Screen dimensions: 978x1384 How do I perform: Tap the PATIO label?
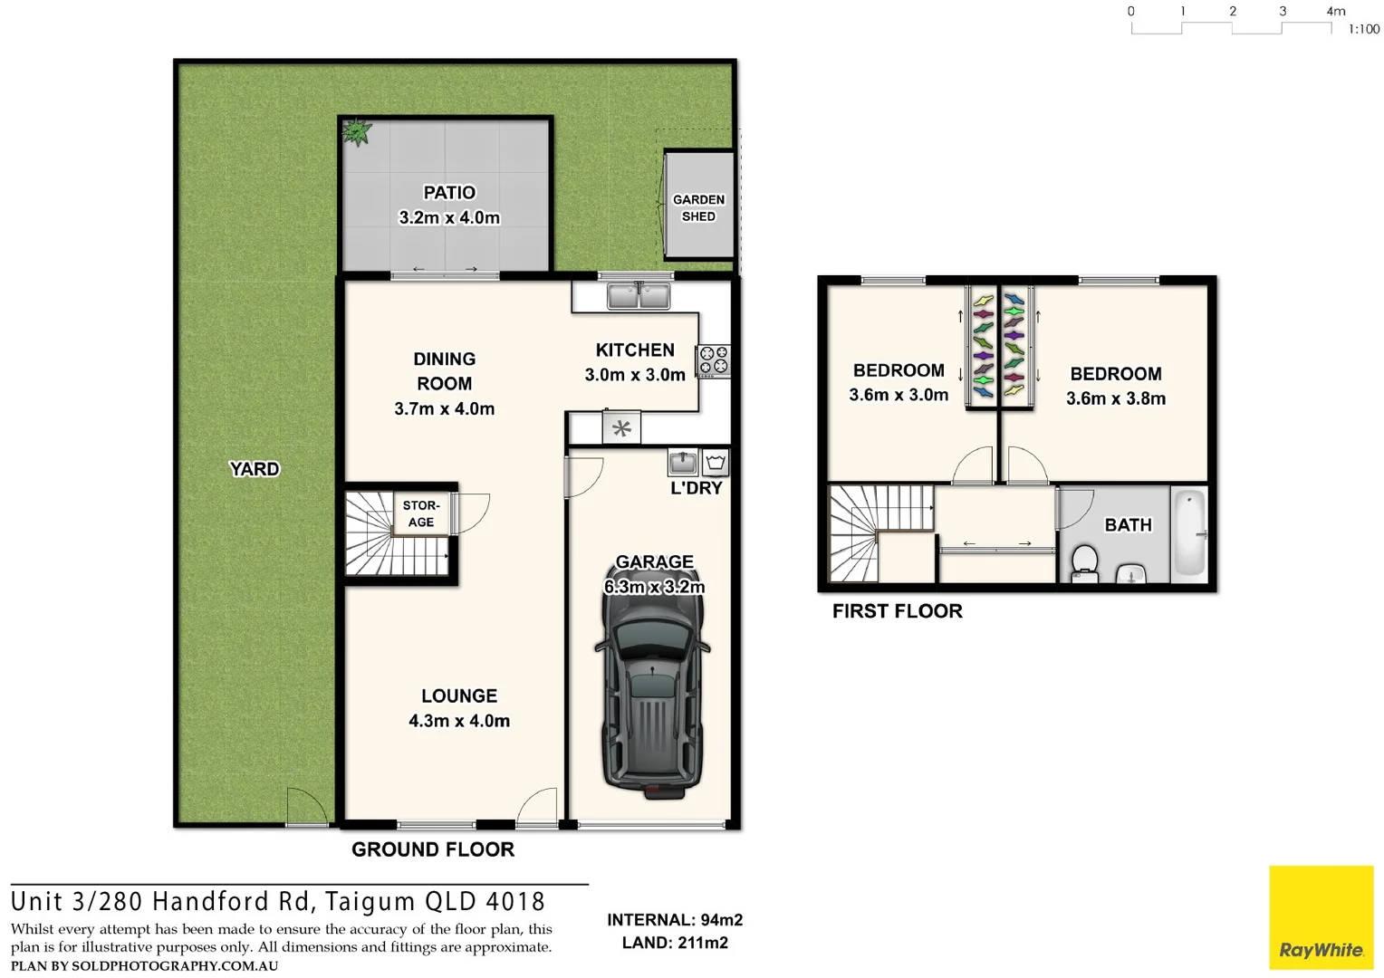tap(449, 193)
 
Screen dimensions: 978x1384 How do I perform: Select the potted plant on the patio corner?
tap(356, 132)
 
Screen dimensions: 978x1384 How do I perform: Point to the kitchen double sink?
tap(639, 296)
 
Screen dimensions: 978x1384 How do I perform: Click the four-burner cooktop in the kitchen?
tap(714, 360)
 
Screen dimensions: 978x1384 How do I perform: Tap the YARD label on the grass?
tap(255, 469)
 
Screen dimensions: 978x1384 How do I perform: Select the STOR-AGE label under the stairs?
tap(421, 513)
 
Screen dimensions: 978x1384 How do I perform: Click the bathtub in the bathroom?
tap(1189, 534)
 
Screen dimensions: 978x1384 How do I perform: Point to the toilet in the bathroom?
tap(1084, 562)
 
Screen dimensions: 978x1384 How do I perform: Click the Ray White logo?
tap(1321, 917)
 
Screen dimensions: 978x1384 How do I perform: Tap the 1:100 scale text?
tap(1363, 30)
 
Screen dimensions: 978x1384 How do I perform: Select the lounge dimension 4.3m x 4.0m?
tap(459, 721)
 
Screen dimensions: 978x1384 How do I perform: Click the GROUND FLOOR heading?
tap(433, 849)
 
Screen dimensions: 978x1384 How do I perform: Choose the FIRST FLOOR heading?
tap(897, 611)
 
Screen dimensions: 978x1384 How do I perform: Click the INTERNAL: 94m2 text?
tap(675, 920)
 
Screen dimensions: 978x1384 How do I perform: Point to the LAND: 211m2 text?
tap(675, 943)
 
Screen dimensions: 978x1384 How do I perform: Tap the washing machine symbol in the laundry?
tap(716, 463)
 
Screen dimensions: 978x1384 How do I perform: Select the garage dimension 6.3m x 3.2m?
tap(654, 587)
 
